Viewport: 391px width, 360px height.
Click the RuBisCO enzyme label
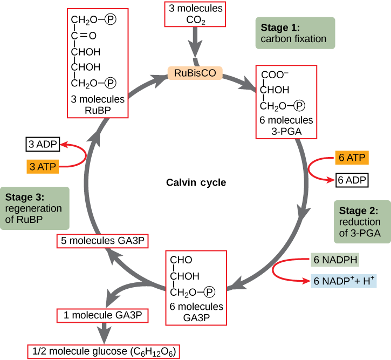click(195, 72)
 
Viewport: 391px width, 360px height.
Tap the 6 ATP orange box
click(351, 158)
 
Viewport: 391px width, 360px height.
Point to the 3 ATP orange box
click(42, 166)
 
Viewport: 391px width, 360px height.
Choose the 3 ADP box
click(42, 145)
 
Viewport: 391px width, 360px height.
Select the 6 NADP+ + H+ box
click(344, 281)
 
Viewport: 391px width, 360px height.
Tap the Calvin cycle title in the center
click(196, 182)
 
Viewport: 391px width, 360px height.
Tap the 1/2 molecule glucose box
click(103, 352)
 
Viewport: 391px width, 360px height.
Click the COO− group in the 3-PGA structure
click(276, 75)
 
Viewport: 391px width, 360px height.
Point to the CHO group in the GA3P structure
click(181, 260)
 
